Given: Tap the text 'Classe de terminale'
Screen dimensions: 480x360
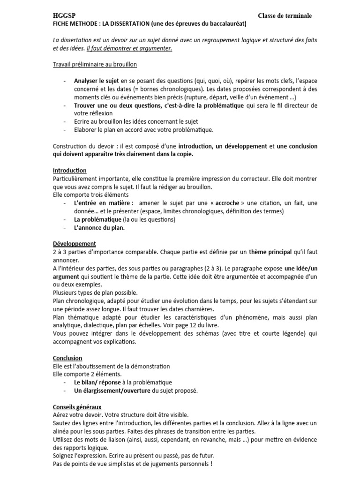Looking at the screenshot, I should [285, 16].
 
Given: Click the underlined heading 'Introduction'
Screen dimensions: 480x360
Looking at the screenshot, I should [69, 170].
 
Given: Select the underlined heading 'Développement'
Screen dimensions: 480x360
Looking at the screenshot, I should [75, 244].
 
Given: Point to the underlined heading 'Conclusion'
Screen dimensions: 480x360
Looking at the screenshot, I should [67, 358].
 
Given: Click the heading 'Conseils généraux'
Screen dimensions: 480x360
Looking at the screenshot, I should [77, 407].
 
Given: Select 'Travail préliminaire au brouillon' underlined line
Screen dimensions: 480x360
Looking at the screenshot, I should [95, 64].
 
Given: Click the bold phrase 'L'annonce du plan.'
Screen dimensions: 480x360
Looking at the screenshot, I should [99, 228].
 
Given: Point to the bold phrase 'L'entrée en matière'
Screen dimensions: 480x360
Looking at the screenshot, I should [100, 203].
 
